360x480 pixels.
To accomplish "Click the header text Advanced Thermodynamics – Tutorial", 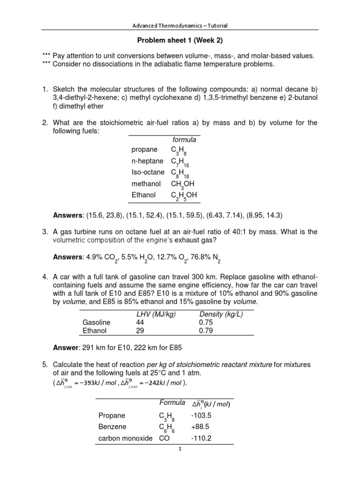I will pos(180,26).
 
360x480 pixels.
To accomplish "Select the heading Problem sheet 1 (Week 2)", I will pos(180,41).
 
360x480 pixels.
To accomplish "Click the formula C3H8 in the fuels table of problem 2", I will pos(179,150).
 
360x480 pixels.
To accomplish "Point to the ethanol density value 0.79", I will pos(207,330).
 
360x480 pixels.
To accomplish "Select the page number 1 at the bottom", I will pos(180,449).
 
